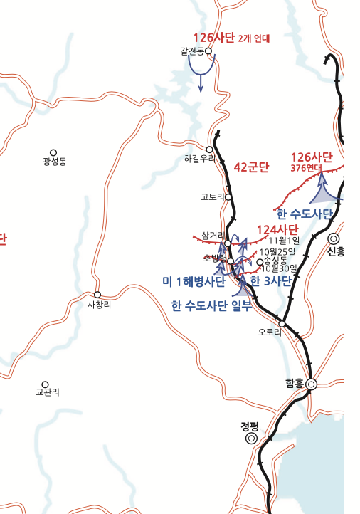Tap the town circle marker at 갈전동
click(209, 51)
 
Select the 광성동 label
click(54, 162)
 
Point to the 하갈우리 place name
click(198, 159)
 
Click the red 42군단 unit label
click(251, 168)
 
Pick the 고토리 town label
click(213, 196)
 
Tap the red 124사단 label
click(277, 229)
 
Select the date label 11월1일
click(284, 241)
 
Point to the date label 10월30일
click(278, 268)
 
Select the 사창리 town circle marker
click(97, 295)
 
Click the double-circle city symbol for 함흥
click(311, 385)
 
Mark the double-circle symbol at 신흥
click(334, 239)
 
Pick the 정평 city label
click(250, 427)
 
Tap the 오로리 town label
click(270, 332)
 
